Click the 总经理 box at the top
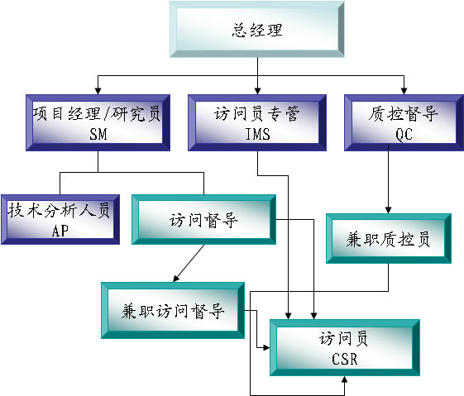(x=257, y=29)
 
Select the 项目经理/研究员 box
(x=98, y=122)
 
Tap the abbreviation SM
(x=98, y=134)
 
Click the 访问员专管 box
(x=257, y=122)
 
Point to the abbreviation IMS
(x=258, y=134)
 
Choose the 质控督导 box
(x=404, y=122)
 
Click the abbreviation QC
(x=404, y=135)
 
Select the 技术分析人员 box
(x=60, y=219)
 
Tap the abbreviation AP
(x=60, y=231)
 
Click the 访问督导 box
(x=204, y=219)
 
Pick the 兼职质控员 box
(x=389, y=238)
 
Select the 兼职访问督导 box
(x=173, y=310)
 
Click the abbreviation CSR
(x=344, y=359)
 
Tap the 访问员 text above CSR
(x=343, y=338)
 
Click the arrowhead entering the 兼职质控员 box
(x=388, y=210)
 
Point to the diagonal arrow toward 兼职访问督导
(x=189, y=263)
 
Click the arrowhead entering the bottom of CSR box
(x=344, y=379)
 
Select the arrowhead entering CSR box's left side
(x=266, y=348)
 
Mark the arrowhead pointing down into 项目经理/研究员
(x=98, y=91)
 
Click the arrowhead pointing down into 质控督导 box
(x=404, y=91)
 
